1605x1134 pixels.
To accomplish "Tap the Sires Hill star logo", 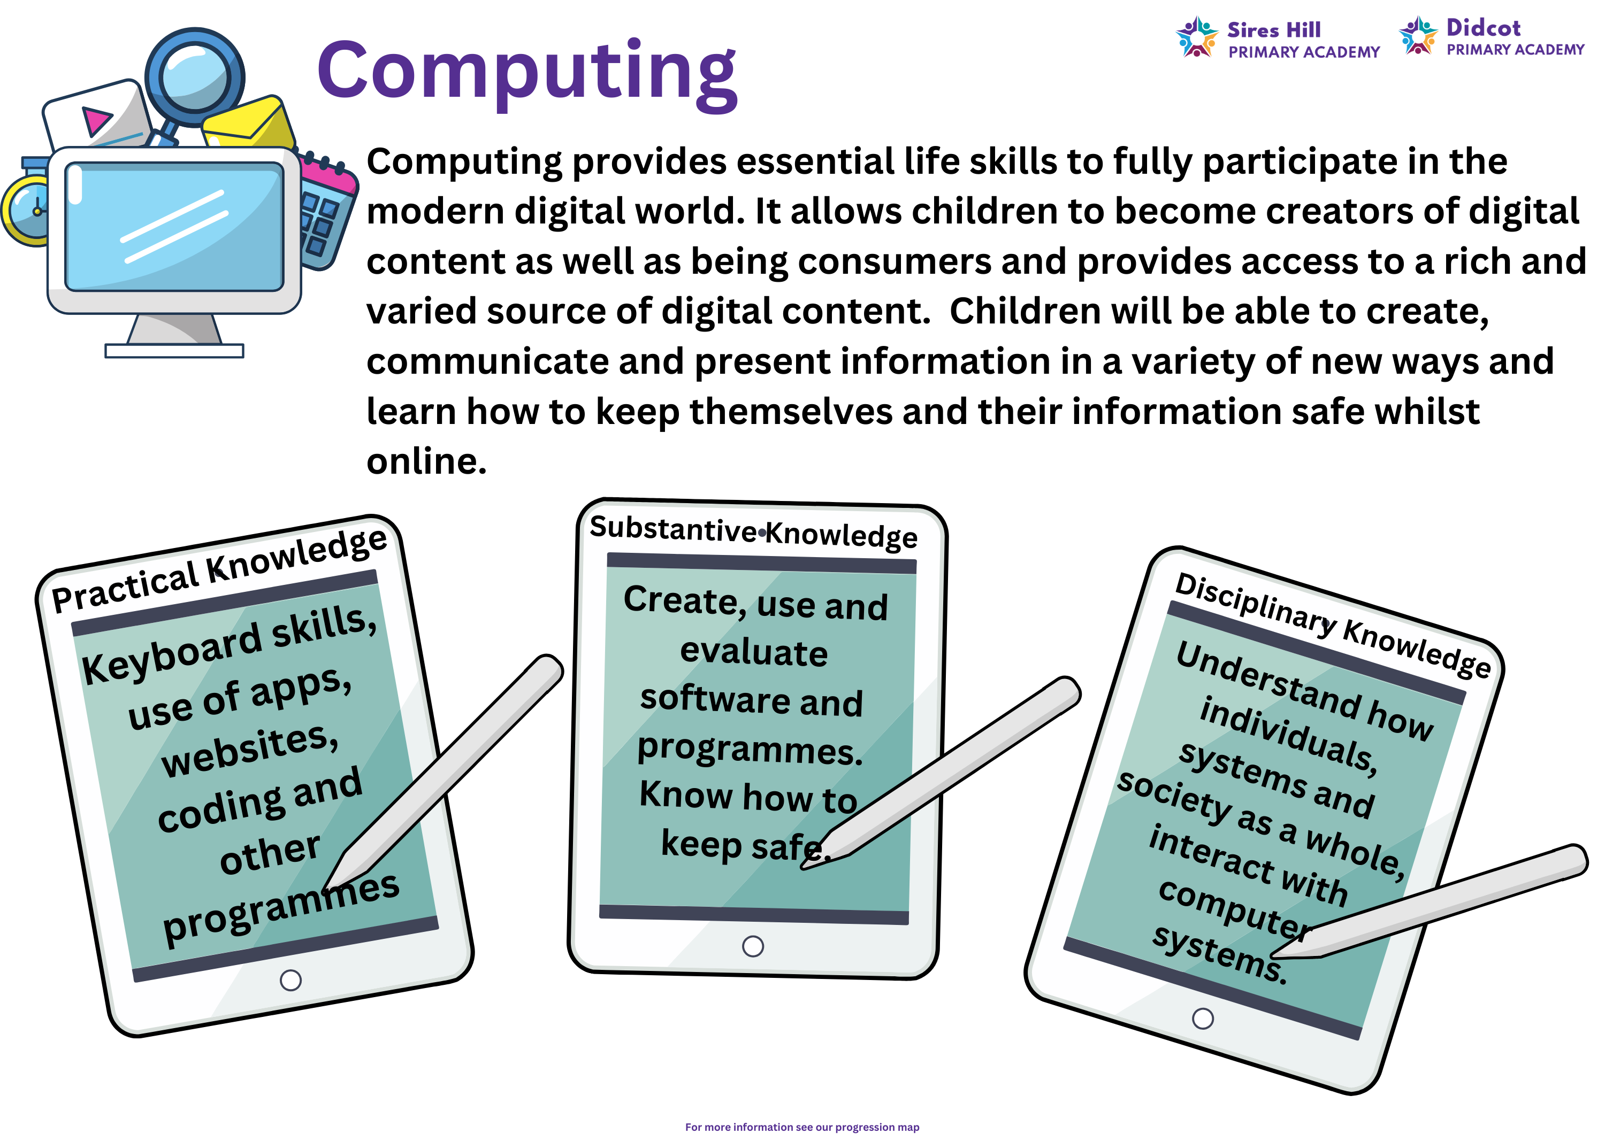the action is pos(1197,37).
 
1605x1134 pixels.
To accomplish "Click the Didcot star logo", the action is pos(1418,35).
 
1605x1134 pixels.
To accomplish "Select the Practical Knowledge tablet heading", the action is pos(219,569).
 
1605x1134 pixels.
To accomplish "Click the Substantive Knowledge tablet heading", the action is pos(753,533).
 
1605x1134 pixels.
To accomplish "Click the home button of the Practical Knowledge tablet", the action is pos(291,980).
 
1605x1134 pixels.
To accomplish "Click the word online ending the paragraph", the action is pos(426,461).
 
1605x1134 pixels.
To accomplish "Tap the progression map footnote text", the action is pos(802,1127).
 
